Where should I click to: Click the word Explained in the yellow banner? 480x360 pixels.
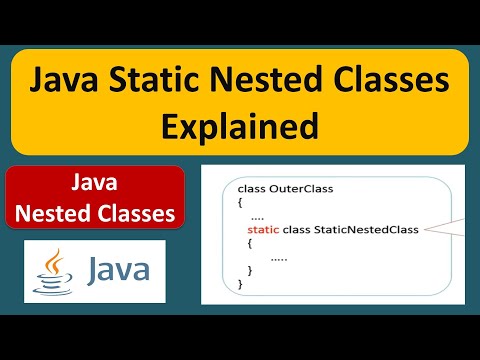pos(240,127)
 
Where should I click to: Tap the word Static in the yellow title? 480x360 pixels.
pos(154,79)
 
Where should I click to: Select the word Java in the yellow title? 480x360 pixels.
pos(64,79)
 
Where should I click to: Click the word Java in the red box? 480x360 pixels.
pos(94,182)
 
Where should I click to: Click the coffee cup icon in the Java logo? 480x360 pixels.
pos(53,283)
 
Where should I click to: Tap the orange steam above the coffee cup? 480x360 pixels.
pos(54,261)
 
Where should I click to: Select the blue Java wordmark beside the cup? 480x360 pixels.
pos(118,268)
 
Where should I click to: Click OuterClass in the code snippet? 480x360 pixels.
pos(301,189)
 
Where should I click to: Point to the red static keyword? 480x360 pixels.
pos(263,230)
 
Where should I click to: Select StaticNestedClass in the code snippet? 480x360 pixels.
pos(366,230)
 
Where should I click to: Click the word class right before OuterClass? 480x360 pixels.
pos(252,189)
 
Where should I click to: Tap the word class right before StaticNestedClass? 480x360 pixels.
pos(297,230)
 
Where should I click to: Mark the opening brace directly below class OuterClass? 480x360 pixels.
pos(240,203)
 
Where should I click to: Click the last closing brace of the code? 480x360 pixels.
pos(240,284)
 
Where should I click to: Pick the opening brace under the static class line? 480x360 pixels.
pos(250,244)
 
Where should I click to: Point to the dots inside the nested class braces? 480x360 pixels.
pos(279,259)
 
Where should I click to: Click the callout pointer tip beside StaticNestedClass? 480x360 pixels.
pos(425,229)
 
